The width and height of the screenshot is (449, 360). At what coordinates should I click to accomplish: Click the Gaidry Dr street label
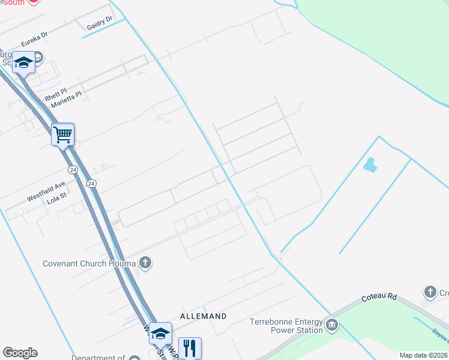point(100,23)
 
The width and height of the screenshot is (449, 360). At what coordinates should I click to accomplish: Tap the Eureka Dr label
point(34,40)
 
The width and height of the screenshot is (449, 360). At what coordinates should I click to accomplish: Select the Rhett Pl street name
point(56,95)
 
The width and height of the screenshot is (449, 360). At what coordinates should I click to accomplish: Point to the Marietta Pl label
point(66,100)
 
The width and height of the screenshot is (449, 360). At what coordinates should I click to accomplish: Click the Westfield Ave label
point(46,192)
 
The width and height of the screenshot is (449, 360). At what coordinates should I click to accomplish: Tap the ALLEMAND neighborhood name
point(203,316)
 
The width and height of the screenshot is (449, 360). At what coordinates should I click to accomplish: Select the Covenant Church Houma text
point(89,263)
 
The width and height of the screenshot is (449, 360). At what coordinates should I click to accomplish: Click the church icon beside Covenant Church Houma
point(145,262)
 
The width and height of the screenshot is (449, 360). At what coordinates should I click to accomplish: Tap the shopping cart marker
point(62,134)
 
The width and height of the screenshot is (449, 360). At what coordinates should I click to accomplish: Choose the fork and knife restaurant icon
point(190,347)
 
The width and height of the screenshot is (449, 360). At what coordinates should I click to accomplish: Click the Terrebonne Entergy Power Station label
point(286,325)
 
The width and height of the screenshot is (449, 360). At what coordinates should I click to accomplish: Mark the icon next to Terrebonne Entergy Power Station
point(332,326)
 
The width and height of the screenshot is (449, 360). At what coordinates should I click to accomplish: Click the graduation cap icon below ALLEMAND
point(160,333)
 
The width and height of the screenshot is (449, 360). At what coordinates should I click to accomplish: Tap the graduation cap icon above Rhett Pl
point(23,62)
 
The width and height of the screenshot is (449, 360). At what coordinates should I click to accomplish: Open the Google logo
point(20,353)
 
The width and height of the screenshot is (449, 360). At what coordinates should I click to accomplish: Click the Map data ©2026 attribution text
point(423,355)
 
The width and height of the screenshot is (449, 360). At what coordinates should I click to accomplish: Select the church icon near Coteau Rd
point(430,292)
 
